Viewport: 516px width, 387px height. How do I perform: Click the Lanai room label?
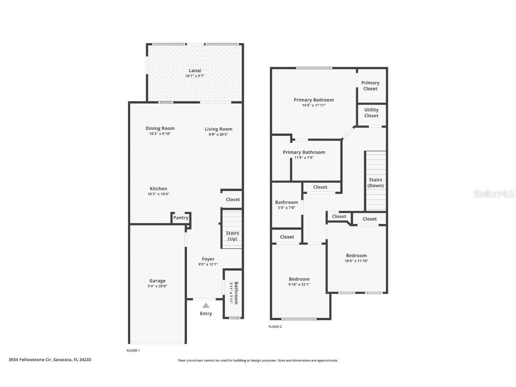click(x=195, y=70)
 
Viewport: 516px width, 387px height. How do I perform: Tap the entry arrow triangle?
click(x=206, y=305)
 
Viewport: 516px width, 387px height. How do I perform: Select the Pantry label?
click(x=181, y=218)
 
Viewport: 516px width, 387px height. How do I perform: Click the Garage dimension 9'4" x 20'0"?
click(x=157, y=286)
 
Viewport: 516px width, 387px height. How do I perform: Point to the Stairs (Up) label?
click(x=232, y=236)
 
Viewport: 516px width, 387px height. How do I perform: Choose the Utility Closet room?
click(x=371, y=113)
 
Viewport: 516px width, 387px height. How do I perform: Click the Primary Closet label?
click(x=370, y=86)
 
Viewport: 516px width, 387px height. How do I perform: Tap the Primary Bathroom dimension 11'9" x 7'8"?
click(x=304, y=158)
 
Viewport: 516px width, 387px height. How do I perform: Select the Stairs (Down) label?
click(x=375, y=183)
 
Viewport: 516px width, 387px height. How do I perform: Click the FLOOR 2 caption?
click(x=275, y=327)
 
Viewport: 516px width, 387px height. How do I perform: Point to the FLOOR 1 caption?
click(x=133, y=350)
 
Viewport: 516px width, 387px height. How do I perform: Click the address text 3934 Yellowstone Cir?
click(x=50, y=359)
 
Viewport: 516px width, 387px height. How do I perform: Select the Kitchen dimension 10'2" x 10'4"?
click(x=158, y=194)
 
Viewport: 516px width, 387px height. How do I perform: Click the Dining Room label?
click(x=160, y=129)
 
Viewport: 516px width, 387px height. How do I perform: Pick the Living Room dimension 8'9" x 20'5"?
click(x=219, y=134)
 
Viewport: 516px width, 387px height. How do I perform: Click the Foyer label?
click(x=208, y=259)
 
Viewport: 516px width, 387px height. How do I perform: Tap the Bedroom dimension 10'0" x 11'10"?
click(x=356, y=261)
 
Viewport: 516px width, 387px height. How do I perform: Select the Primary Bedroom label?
click(x=314, y=100)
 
